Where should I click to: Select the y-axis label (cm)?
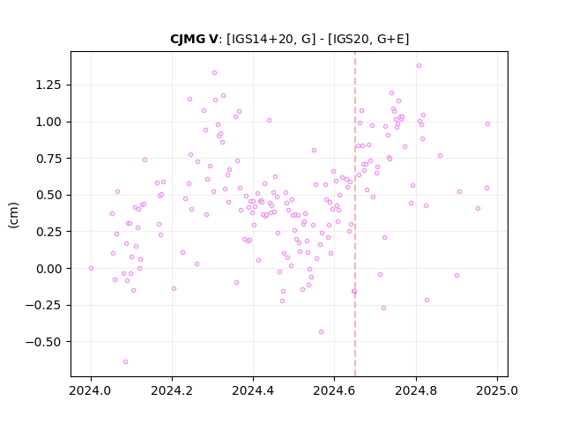point(13,215)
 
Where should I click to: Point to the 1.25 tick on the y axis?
point(48,85)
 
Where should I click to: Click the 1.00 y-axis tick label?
point(48,122)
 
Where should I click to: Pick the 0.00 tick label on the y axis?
point(48,269)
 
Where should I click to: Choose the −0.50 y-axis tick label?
point(43,342)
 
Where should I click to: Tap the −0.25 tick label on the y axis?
point(43,306)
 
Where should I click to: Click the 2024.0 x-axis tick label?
point(91,390)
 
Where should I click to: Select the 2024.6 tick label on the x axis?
point(334,390)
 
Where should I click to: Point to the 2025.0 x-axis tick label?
point(497,390)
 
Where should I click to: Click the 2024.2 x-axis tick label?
point(172,390)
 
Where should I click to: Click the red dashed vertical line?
point(355,214)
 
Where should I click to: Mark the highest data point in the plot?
point(419,66)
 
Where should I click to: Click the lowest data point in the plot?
point(125,362)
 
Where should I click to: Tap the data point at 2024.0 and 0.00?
point(91,268)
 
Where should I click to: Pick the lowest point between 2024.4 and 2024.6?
point(321,331)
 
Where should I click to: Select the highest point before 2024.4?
point(214,72)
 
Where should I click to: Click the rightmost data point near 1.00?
point(487,123)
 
